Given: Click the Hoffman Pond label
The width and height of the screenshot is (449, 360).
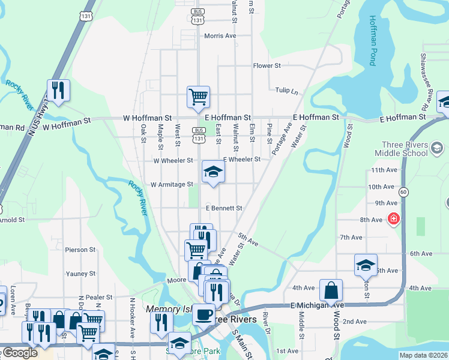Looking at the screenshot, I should pyautogui.click(x=373, y=40).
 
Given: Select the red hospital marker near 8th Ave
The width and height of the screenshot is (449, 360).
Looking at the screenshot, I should pyautogui.click(x=393, y=219).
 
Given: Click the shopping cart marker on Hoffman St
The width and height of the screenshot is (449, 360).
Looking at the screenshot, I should pyautogui.click(x=198, y=97).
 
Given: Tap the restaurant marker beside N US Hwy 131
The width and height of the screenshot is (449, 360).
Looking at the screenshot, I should pyautogui.click(x=58, y=91).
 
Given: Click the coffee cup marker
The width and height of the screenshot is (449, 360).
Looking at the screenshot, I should pyautogui.click(x=204, y=314).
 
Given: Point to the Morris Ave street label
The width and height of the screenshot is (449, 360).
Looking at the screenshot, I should pyautogui.click(x=220, y=36).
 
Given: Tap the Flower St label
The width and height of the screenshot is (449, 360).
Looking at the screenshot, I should pyautogui.click(x=267, y=65).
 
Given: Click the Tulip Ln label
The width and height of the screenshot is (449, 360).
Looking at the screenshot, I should pyautogui.click(x=286, y=91).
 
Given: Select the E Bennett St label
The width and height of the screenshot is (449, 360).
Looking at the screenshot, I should pyautogui.click(x=224, y=208).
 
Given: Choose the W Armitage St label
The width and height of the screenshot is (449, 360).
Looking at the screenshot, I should pyautogui.click(x=172, y=184).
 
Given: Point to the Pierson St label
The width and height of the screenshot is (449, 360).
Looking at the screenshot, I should pyautogui.click(x=80, y=250).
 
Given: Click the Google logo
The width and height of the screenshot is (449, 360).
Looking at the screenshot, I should pyautogui.click(x=19, y=353).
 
